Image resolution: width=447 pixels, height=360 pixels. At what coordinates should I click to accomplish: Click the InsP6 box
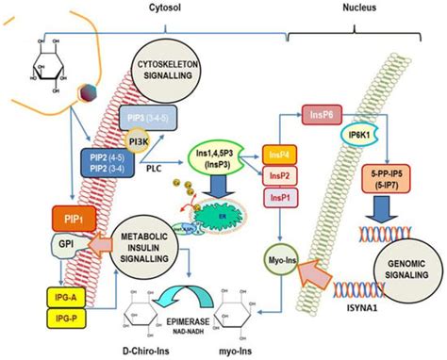[x=320, y=115]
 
